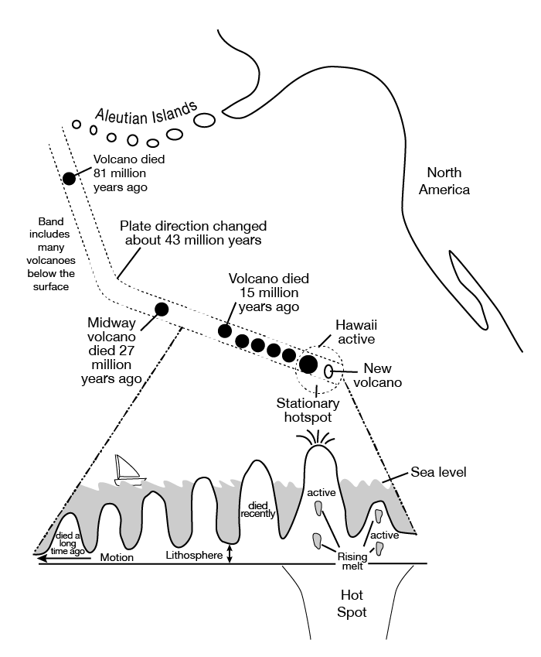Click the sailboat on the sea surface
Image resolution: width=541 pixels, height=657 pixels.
128,471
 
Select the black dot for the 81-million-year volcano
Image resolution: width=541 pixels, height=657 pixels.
69,178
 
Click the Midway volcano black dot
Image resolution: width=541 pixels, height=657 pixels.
162,309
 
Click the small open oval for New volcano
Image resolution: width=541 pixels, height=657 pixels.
328,371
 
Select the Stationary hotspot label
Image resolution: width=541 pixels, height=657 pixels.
308,410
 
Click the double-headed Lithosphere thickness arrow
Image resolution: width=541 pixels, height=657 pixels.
230,554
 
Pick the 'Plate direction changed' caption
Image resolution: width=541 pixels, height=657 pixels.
193,233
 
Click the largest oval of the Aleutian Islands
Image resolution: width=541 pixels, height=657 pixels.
204,120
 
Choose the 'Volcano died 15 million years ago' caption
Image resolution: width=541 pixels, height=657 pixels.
269,292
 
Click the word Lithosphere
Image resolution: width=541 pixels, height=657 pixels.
191,556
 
